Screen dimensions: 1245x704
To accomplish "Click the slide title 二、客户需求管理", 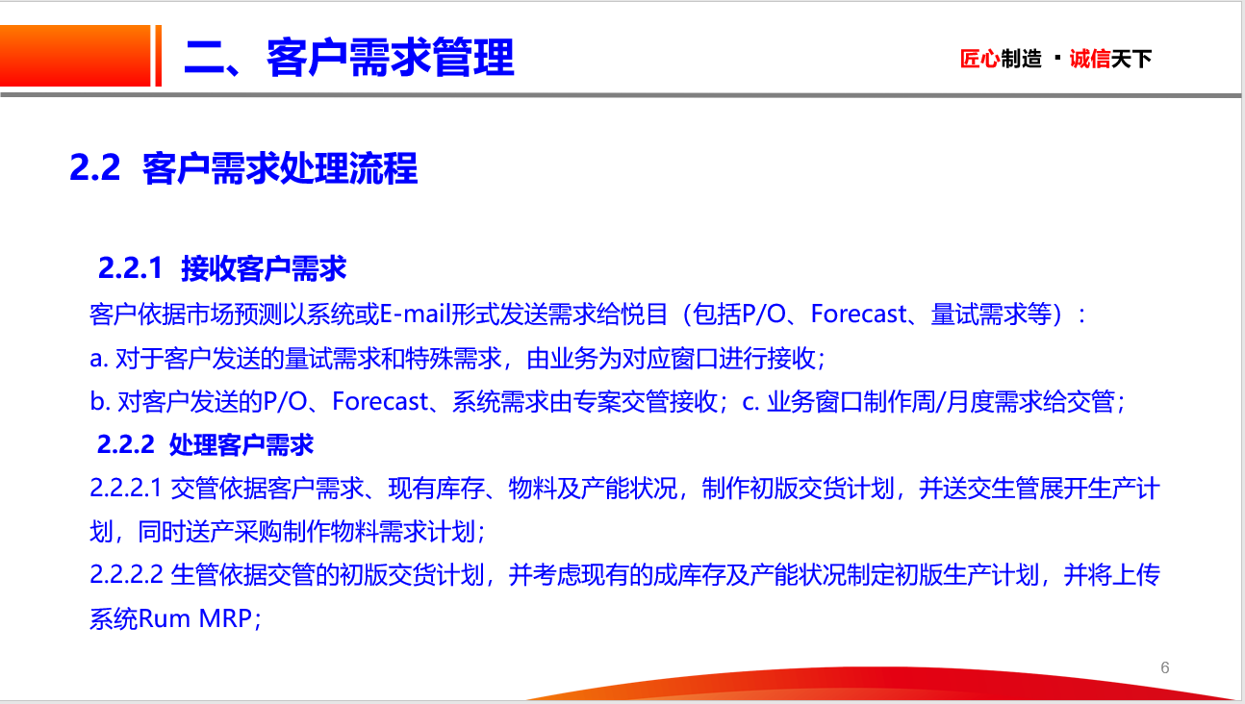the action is tap(349, 58).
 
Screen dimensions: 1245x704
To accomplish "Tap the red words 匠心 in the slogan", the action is tap(979, 59).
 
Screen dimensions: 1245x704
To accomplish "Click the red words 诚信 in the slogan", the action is tap(1090, 59).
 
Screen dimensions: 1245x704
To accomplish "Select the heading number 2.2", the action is tap(95, 167).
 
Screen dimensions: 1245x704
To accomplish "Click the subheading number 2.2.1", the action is tap(130, 268).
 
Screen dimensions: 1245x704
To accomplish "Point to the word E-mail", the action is tap(415, 314).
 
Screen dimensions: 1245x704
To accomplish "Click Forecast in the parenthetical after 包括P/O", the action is tap(858, 314).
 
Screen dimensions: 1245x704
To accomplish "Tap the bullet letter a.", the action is tap(98, 359).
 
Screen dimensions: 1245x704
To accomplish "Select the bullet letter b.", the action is tap(100, 401).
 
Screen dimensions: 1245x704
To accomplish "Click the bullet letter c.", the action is tap(750, 402).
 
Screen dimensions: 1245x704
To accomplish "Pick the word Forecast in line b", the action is tap(380, 401).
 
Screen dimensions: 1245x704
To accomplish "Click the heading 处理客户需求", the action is tap(241, 445).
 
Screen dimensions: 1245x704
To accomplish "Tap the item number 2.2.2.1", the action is tap(126, 489).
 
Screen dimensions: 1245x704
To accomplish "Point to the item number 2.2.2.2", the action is tap(126, 574).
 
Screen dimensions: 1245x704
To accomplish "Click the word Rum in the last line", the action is tap(164, 618).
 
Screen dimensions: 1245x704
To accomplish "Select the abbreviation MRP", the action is tap(225, 618).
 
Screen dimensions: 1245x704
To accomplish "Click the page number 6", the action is tap(1165, 667).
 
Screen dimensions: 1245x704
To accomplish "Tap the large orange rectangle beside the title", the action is tap(75, 56).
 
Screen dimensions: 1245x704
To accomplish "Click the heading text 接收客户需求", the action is tap(264, 268).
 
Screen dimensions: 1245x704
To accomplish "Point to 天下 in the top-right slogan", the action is tap(1131, 59).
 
